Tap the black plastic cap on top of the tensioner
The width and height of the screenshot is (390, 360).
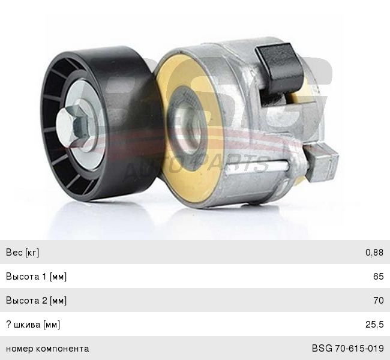[280, 70]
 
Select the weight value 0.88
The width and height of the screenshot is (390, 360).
[374, 253]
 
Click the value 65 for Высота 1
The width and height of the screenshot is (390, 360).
[379, 277]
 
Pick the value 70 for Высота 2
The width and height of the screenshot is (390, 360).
[379, 300]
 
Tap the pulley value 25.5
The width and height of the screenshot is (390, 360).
[374, 325]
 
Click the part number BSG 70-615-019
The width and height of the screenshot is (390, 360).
[348, 349]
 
